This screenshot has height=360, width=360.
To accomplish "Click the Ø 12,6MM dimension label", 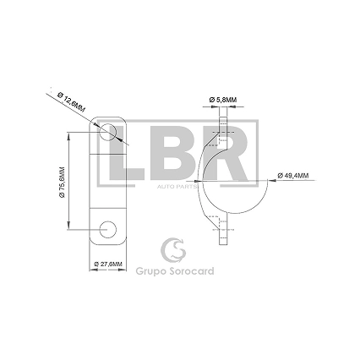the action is point(71,102).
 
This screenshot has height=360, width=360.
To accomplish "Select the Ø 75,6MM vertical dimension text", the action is point(62,183).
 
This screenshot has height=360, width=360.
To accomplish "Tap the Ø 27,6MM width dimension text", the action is point(108,264).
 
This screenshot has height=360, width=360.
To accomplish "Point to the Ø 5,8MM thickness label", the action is point(223,100).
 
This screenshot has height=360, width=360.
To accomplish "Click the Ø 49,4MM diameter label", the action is point(293,175).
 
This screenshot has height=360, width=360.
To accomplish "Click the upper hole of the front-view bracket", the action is point(108,132).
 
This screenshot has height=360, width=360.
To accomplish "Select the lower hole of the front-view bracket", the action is point(108,229).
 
